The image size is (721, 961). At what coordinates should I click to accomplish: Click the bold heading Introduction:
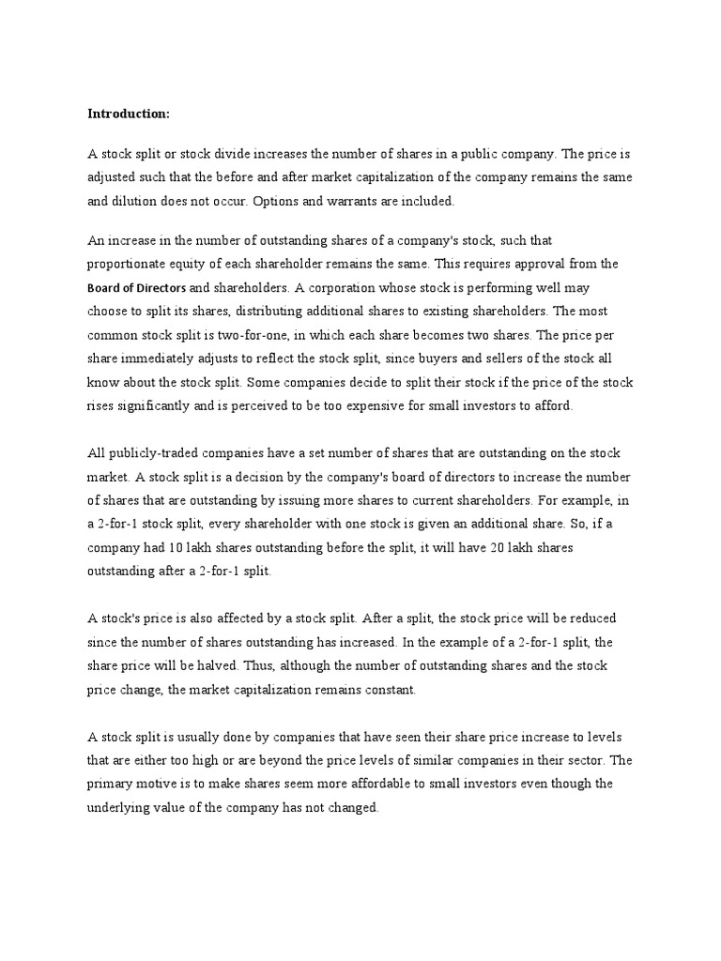129,114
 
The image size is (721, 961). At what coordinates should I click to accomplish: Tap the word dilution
137,200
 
